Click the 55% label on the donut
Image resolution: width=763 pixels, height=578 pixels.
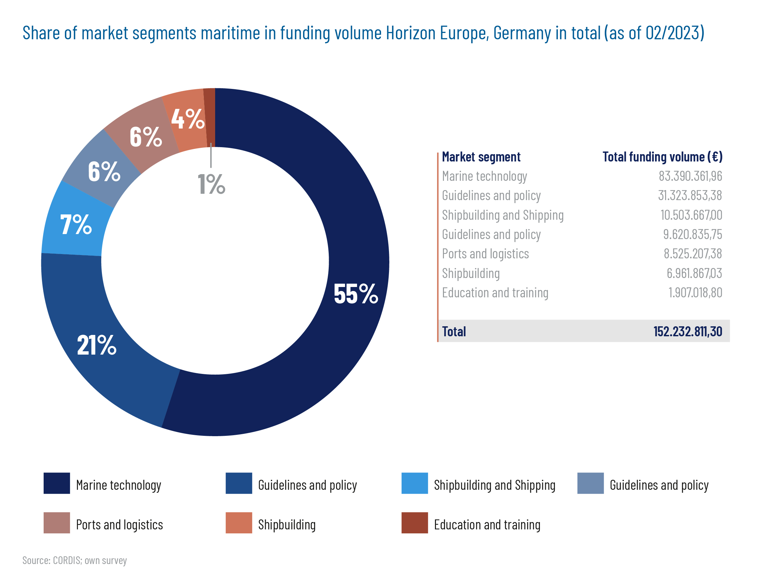355,294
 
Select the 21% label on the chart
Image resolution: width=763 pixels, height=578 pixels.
97,345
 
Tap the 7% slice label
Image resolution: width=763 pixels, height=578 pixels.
76,224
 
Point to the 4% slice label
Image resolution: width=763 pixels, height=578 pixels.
188,119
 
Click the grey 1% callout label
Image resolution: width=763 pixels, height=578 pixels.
211,184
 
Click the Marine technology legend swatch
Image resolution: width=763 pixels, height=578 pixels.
57,483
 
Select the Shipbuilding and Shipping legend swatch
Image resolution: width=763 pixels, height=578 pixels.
414,483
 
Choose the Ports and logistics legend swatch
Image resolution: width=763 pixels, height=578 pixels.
57,523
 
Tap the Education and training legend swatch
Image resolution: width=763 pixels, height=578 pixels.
414,523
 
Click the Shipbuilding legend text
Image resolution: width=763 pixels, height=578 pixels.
287,524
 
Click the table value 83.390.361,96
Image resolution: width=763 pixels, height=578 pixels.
690,176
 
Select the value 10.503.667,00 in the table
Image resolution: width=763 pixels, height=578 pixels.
691,215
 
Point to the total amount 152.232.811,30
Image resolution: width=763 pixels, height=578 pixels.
687,331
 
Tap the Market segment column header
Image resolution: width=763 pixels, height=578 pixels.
481,157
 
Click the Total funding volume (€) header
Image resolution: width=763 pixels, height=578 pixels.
662,157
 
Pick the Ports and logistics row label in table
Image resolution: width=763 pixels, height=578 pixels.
485,254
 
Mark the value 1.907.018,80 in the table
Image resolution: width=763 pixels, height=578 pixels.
695,293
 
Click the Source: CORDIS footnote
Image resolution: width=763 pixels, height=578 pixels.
75,560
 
